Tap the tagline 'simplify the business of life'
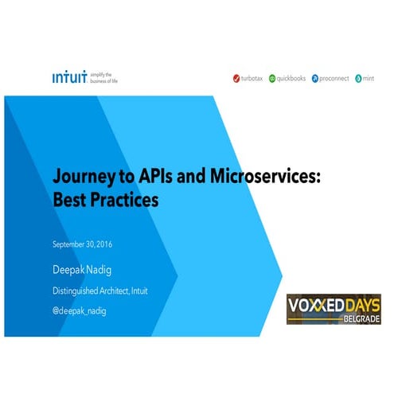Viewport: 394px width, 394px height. click(x=103, y=77)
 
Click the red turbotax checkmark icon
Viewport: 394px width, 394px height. click(x=236, y=79)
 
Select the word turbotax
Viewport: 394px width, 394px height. click(x=254, y=79)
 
